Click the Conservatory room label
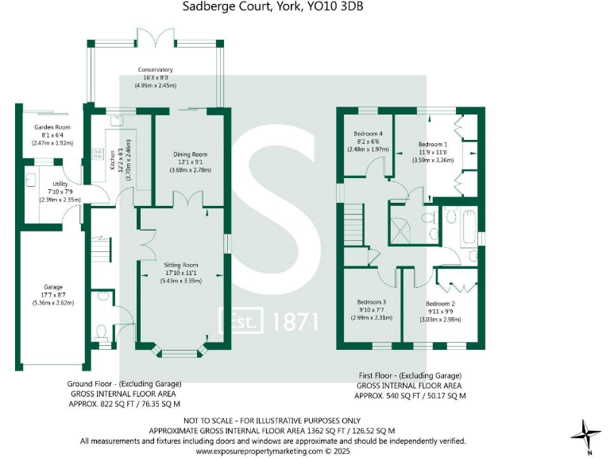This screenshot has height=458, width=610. tap(155, 70)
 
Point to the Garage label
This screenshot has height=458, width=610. tap(53, 286)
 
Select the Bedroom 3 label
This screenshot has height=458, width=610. tap(372, 302)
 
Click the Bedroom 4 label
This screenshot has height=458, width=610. tap(369, 133)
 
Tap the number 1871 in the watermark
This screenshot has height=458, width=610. tap(295, 321)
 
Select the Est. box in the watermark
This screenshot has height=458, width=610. tap(241, 321)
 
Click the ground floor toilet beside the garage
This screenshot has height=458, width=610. tap(100, 330)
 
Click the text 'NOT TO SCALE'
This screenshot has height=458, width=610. tap(208, 420)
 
